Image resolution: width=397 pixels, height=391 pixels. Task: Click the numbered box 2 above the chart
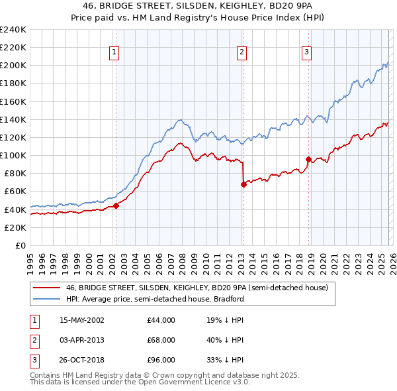pos(242,52)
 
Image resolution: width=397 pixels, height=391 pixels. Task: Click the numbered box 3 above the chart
pos(308,52)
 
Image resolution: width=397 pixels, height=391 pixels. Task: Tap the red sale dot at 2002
pos(116,205)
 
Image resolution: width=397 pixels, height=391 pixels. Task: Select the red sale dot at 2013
pos(243,184)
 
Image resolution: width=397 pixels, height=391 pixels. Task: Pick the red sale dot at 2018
pos(308,159)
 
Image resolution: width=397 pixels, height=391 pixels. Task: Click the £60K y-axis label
pos(15,192)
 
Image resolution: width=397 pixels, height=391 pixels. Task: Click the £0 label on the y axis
pos(21,245)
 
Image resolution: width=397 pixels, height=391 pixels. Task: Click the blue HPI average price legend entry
pos(155,299)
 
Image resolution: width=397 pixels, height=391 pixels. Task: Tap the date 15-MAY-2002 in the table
pos(82,320)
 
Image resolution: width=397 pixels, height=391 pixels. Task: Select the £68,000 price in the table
pos(161,340)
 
